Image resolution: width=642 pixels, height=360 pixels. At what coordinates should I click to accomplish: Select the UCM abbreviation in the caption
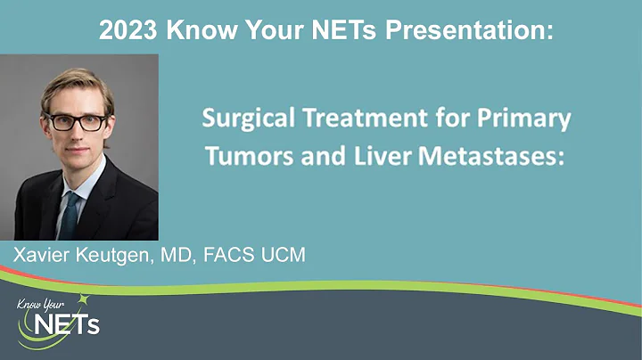[x=284, y=257]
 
